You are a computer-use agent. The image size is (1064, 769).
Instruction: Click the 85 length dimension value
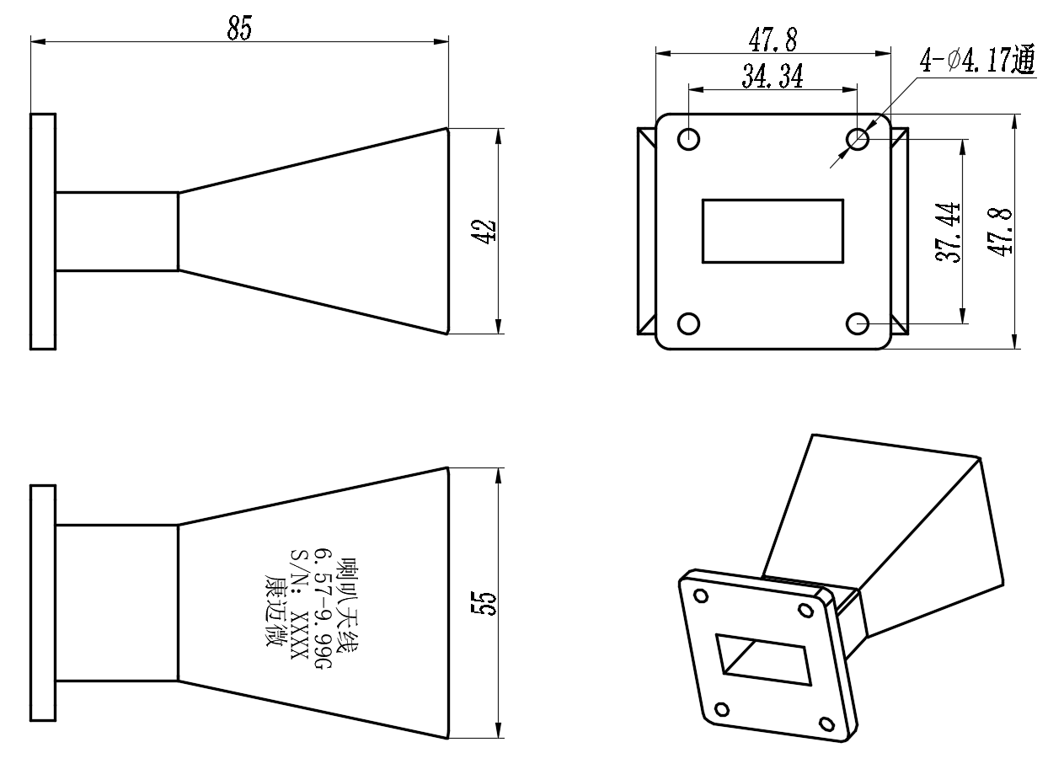point(239,28)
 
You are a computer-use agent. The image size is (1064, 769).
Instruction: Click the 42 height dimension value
point(484,232)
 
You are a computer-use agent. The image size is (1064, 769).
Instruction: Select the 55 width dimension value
point(484,604)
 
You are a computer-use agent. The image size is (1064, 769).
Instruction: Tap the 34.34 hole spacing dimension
point(773,76)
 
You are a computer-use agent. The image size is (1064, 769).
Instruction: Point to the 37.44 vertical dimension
point(948,232)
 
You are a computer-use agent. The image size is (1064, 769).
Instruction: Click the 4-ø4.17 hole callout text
point(977,60)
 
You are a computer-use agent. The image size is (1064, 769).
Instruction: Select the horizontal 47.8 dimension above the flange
point(773,40)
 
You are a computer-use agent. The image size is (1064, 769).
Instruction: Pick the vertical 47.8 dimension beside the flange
point(1000,232)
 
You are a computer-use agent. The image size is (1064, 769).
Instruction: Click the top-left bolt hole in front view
point(689,140)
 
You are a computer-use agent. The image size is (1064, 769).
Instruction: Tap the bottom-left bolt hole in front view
point(689,324)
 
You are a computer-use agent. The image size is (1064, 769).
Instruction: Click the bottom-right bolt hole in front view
point(858,324)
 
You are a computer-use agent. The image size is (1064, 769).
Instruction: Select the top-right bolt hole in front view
point(858,140)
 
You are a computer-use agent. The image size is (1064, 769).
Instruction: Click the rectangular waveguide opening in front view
point(773,231)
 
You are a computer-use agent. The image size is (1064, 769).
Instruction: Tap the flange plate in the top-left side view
point(43,232)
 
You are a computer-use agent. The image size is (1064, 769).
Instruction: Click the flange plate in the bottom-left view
point(43,603)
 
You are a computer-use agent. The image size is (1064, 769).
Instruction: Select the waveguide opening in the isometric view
point(763,660)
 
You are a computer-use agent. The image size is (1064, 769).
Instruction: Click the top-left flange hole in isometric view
point(701,595)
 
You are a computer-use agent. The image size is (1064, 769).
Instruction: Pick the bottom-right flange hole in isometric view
point(827,724)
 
